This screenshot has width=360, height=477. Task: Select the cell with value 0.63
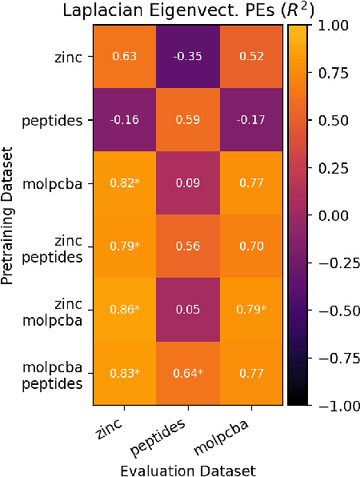tap(123, 57)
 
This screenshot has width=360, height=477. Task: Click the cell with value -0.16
tap(123, 120)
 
